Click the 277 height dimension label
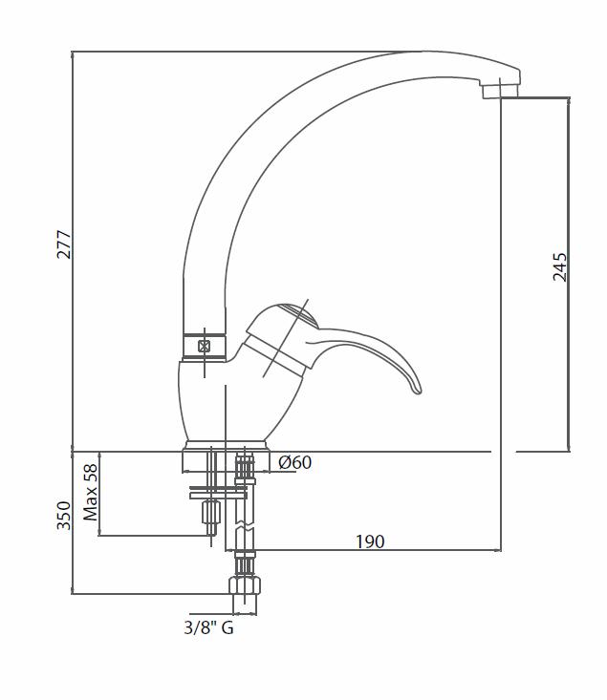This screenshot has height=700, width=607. (64, 244)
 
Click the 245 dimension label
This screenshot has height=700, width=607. (559, 267)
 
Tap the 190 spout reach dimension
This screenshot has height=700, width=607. (370, 541)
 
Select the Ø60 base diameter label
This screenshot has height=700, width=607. (295, 462)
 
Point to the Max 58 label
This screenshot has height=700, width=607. (91, 493)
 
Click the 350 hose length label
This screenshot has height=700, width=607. (64, 516)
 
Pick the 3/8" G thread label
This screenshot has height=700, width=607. (208, 628)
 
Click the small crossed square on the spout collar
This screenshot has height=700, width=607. (205, 346)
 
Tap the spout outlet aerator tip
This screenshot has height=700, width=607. (500, 91)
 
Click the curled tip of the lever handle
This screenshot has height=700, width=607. (416, 389)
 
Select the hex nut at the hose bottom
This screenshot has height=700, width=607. (245, 585)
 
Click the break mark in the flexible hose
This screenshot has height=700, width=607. (245, 526)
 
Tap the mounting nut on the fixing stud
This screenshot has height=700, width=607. (210, 512)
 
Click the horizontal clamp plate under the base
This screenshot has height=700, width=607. (218, 495)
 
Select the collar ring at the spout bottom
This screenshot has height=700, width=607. (205, 347)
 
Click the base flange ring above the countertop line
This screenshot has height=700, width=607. (227, 446)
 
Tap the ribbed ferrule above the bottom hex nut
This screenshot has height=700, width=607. (245, 564)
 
